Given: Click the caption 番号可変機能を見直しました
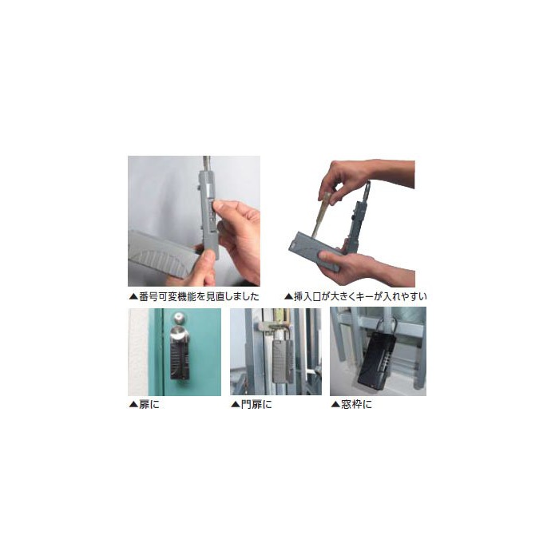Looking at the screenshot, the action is point(199,296).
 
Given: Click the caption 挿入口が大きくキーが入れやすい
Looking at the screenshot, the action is point(360,296).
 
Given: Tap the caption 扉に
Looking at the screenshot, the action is point(149,405).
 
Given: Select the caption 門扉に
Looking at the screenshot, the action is point(256,405).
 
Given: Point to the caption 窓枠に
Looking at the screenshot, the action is point(356,405).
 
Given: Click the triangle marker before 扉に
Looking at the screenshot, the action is point(133,405).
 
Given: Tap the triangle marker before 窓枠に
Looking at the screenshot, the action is point(335,405).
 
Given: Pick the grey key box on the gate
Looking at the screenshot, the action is point(283,361).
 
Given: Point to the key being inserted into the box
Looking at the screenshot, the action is point(320,214).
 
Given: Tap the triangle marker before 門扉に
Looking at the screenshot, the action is point(236,405).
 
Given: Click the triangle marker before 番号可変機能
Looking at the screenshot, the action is point(133,297).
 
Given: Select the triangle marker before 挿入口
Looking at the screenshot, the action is point(288,297).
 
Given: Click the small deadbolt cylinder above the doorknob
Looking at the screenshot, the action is point(180,317).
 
